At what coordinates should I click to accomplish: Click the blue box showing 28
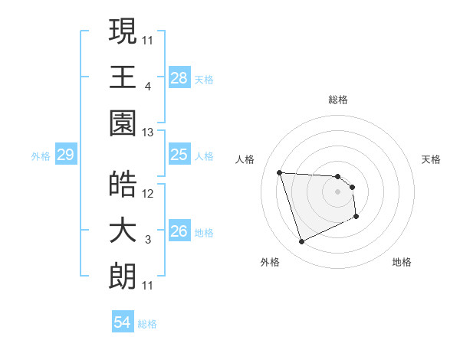179,77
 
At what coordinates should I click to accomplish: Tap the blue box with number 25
179,155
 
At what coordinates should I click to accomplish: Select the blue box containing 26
179,231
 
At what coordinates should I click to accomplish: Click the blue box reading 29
65,155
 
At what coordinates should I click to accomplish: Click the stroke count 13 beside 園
148,133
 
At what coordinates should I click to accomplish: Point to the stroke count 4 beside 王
148,87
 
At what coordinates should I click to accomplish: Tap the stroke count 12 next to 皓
148,193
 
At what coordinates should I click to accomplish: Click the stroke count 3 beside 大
148,241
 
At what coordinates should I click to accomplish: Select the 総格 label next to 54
148,324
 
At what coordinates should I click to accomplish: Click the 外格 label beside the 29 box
41,156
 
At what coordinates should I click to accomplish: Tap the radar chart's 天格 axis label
432,159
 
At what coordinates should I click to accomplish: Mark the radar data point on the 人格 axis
280,172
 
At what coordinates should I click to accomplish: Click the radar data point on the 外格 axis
301,242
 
